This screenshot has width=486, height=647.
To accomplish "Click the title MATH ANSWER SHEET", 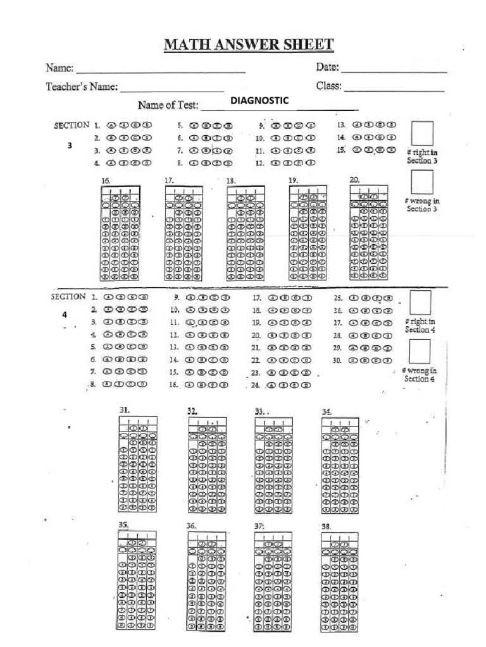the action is pyautogui.click(x=249, y=45).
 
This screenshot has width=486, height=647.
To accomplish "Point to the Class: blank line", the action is pyautogui.click(x=394, y=91).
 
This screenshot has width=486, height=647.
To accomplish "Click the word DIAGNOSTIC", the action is pyautogui.click(x=259, y=100).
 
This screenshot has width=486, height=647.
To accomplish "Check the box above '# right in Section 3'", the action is pyautogui.click(x=422, y=133).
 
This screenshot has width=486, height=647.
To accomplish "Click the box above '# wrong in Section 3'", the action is pyautogui.click(x=422, y=182).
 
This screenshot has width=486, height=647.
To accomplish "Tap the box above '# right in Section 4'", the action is pyautogui.click(x=421, y=302).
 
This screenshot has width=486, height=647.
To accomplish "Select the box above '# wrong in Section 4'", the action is pyautogui.click(x=420, y=351).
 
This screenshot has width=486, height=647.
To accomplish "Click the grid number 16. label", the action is pyautogui.click(x=106, y=181).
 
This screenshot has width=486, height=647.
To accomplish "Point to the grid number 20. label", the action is pyautogui.click(x=354, y=179).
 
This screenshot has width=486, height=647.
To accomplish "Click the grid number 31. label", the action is pyautogui.click(x=125, y=410).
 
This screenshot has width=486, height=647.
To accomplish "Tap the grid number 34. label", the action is pyautogui.click(x=327, y=411).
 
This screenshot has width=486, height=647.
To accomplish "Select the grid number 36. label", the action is pyautogui.click(x=191, y=526).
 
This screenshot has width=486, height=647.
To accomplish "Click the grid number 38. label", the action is pyautogui.click(x=326, y=526).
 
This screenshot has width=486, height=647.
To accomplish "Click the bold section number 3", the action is pyautogui.click(x=70, y=145).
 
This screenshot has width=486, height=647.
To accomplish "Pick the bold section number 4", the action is pyautogui.click(x=64, y=314).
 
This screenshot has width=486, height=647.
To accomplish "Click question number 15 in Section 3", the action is pyautogui.click(x=341, y=150).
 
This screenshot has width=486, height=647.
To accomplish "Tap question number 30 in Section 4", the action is pyautogui.click(x=337, y=360).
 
